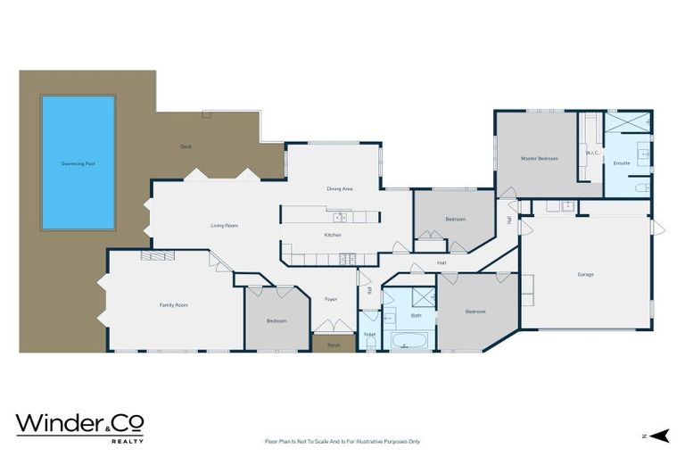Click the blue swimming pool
click(78, 162)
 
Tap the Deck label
click(186, 146)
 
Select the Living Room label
click(224, 226)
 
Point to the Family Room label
click(173, 305)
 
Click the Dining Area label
click(340, 189)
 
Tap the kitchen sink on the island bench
click(340, 217)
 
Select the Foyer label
click(330, 299)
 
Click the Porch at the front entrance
click(334, 345)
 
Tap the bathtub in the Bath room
click(409, 340)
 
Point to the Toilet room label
click(369, 335)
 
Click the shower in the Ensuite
click(629, 124)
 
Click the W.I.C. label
click(590, 154)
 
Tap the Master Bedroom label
click(539, 158)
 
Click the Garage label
click(585, 274)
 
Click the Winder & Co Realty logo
click(79, 427)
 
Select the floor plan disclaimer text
click(342, 441)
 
